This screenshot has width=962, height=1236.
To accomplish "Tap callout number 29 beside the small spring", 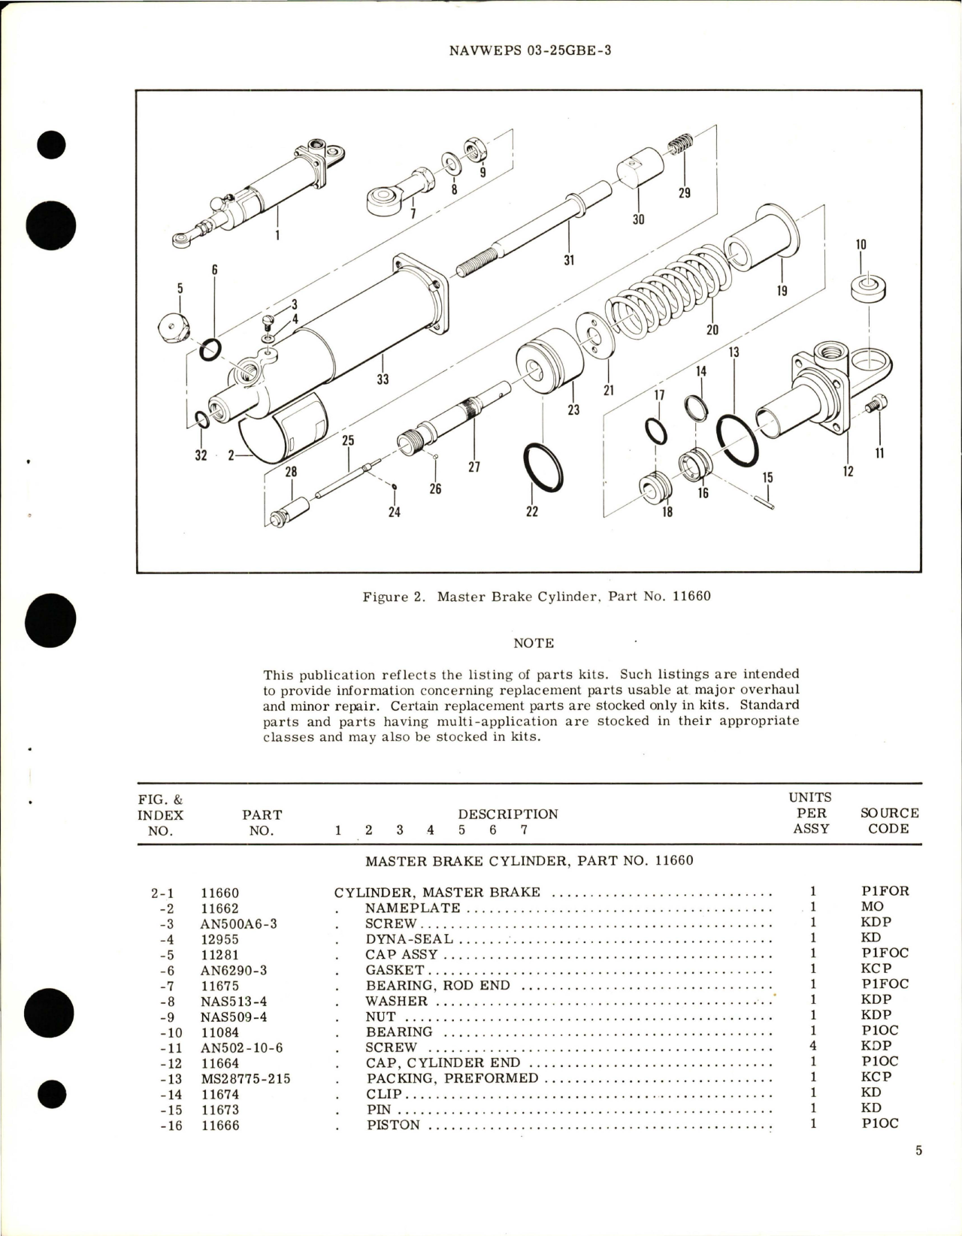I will point(684,193).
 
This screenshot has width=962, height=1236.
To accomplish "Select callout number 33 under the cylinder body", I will point(383,379).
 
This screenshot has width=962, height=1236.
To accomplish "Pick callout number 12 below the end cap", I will point(848,472).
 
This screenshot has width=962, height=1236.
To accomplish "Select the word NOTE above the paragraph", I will point(533,643).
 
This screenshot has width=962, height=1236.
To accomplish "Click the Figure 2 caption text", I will point(536,597).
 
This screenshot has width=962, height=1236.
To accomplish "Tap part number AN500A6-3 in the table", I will point(238,923).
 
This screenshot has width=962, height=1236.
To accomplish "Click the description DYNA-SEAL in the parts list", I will point(409,938).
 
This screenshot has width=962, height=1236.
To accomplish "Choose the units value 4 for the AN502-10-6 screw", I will point(812,1046).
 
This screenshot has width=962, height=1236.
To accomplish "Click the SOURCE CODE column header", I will point(888,820).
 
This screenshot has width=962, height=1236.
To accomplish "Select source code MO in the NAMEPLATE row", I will point(872,907).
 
